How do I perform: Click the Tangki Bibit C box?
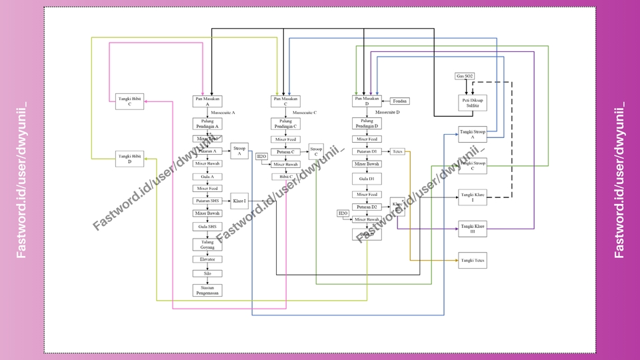pos(129,101)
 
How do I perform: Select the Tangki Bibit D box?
pos(129,159)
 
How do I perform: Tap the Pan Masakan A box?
pos(207,101)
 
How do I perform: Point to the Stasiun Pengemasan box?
pos(207,290)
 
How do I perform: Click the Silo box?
pos(207,273)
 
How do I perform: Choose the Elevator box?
pos(207,259)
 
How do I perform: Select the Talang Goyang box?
pos(207,244)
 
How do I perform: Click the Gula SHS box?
pos(207,227)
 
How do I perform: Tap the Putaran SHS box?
pos(207,201)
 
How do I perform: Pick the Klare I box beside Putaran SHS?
pos(239,201)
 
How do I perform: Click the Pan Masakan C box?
pos(285,101)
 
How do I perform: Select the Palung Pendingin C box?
pos(285,123)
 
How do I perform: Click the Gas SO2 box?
pos(465,77)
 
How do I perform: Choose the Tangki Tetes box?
pos(472,260)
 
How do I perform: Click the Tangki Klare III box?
pos(472,229)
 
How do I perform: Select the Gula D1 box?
pos(367,179)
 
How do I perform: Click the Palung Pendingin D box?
pos(367,123)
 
